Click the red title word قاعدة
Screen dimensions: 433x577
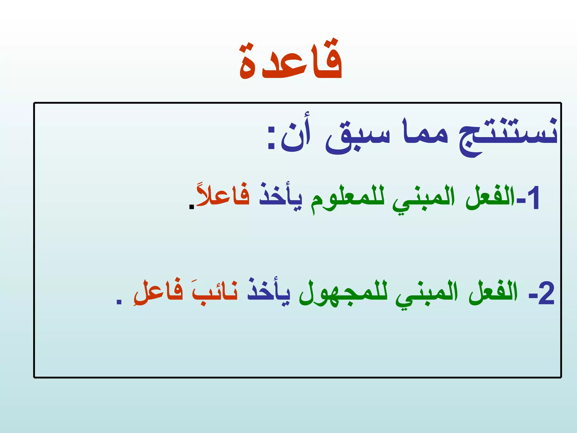coord(291,61)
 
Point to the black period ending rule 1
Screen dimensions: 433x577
coord(192,207)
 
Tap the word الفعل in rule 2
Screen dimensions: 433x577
coord(493,291)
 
